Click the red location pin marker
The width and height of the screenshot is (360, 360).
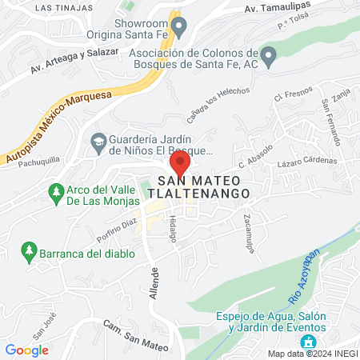click(x=181, y=163)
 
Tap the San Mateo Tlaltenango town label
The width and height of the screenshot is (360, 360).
click(x=204, y=187)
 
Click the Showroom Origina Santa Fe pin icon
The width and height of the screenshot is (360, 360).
click(x=180, y=30)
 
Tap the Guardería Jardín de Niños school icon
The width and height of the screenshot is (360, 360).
click(x=98, y=141)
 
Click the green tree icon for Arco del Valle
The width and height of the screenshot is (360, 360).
click(x=55, y=192)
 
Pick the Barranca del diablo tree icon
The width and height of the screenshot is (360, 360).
click(x=30, y=253)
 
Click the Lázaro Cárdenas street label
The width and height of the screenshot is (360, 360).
click(x=307, y=163)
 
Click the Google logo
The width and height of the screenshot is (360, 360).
click(x=26, y=350)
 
